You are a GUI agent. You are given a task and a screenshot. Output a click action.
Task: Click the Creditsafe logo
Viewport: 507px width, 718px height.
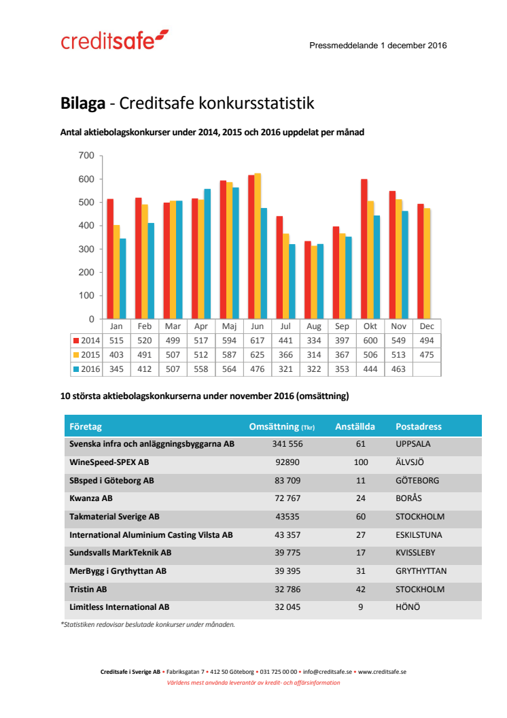coord(114,40)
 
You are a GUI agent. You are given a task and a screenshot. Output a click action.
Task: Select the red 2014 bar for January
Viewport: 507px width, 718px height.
coord(110,258)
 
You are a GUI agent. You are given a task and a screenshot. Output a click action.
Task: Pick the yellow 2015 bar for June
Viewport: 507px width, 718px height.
coord(257,245)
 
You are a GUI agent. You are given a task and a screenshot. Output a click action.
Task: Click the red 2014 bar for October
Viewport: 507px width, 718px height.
coord(364,249)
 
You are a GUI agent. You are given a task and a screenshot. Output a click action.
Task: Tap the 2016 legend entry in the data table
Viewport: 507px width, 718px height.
coord(87,369)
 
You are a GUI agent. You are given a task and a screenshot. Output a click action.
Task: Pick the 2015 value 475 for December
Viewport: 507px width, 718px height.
coord(426,355)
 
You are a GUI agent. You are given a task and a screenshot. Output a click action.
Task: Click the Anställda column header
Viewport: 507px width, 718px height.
coord(355,427)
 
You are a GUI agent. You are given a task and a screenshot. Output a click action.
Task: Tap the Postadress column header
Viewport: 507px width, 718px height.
coord(419,427)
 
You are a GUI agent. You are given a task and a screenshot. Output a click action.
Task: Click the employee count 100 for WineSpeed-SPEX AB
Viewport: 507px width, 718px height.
coord(361,462)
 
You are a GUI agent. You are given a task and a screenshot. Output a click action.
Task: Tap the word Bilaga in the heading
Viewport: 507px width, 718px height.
coord(83,104)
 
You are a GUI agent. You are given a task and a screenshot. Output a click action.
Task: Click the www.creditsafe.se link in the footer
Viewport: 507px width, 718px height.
coord(382,672)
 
